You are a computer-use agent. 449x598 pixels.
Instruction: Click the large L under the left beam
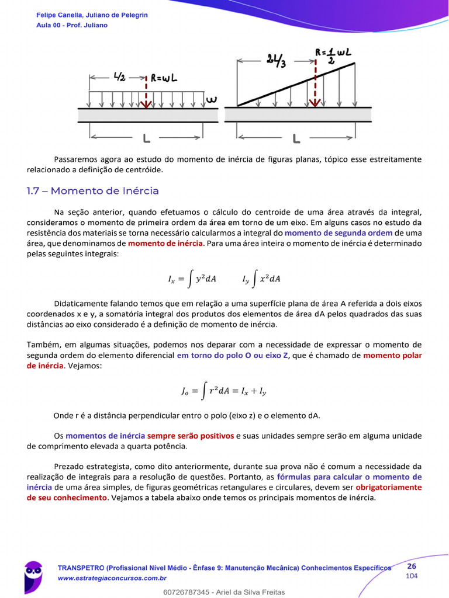(x=146, y=138)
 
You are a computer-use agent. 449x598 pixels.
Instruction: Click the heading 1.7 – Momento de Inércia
(x=92, y=191)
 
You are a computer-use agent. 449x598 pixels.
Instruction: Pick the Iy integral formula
(x=261, y=279)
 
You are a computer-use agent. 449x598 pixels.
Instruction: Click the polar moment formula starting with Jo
(x=224, y=391)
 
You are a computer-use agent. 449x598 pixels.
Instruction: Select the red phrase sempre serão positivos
(x=190, y=436)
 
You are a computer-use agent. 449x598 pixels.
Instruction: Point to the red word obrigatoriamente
(x=389, y=487)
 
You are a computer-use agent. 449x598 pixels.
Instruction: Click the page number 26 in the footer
(x=412, y=566)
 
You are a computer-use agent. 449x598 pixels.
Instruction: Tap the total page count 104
(x=412, y=576)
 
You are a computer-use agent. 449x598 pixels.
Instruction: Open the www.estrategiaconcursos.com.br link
(x=112, y=578)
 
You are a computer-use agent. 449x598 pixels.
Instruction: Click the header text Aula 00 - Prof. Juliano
(x=72, y=25)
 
